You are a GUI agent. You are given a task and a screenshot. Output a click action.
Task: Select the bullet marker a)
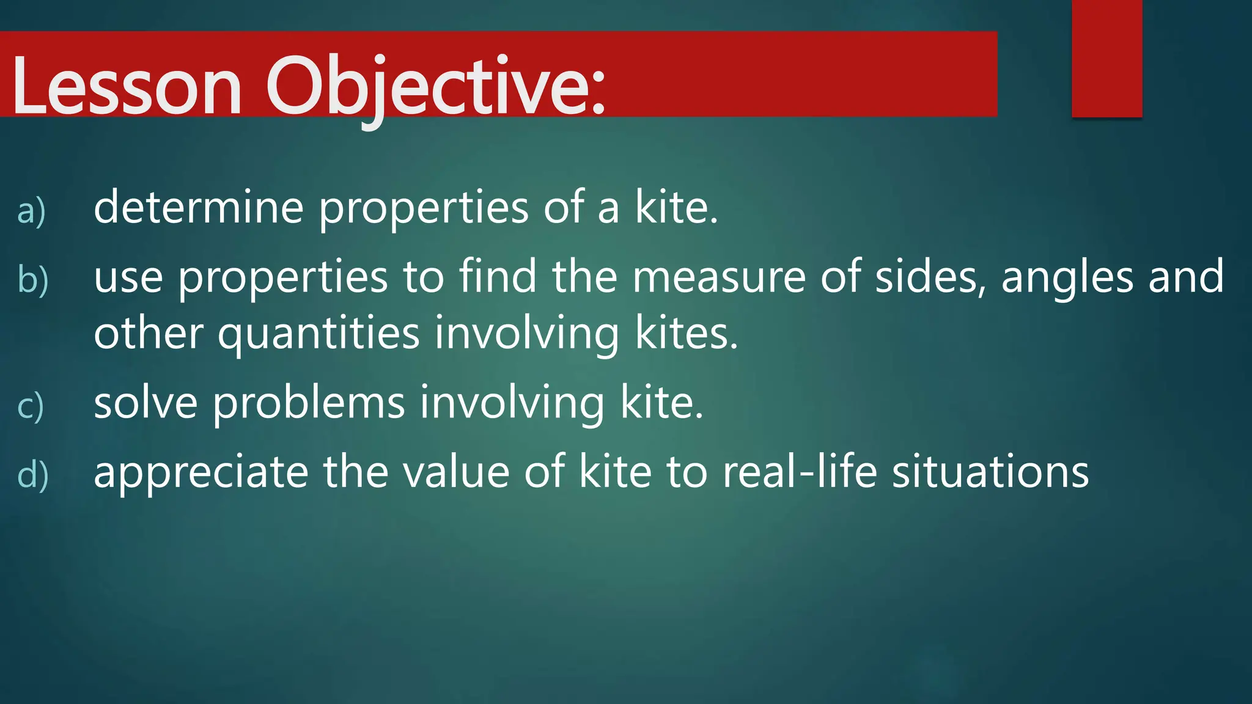[31, 211]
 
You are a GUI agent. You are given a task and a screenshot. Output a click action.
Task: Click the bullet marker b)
[32, 279]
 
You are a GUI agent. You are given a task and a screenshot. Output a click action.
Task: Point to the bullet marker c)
[31, 406]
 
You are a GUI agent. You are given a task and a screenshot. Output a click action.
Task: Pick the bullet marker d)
[32, 475]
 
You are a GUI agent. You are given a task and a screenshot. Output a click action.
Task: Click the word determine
[199, 208]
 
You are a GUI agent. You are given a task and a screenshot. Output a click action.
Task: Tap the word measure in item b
[718, 277]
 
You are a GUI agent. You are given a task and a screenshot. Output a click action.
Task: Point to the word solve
[145, 403]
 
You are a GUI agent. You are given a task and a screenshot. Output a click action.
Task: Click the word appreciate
[201, 473]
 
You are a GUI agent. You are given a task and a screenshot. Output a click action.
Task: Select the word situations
[990, 472]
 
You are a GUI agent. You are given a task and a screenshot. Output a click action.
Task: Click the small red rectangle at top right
[1107, 59]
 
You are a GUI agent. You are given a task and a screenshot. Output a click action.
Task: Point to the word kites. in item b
[687, 334]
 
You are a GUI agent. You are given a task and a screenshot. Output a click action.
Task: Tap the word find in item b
[498, 276]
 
